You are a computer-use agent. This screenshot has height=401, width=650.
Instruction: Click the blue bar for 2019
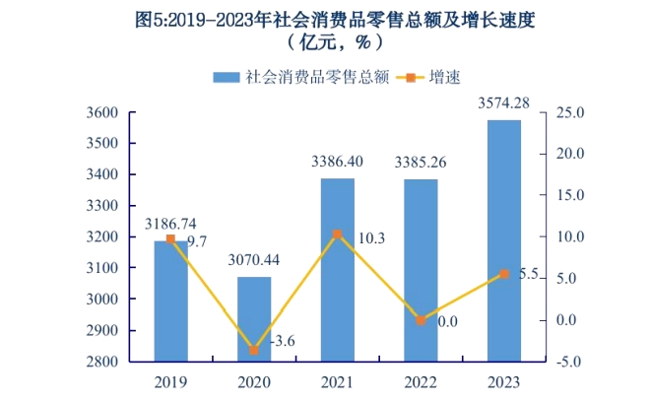[170, 301]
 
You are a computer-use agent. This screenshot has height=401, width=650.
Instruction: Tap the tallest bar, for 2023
[504, 240]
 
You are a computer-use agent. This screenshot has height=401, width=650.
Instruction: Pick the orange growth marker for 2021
[338, 234]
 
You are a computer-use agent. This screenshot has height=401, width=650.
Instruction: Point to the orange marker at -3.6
[254, 350]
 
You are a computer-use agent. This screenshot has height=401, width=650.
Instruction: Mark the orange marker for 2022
[421, 320]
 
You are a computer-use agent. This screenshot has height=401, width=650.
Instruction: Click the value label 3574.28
[504, 102]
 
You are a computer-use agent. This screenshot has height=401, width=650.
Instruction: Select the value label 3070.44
[254, 260]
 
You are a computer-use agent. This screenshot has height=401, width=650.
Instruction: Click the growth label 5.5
[530, 275]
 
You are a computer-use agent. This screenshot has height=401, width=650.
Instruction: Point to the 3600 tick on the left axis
[103, 112]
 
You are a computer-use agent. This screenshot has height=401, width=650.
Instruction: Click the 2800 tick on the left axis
[103, 362]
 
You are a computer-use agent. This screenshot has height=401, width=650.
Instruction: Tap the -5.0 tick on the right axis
[572, 362]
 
